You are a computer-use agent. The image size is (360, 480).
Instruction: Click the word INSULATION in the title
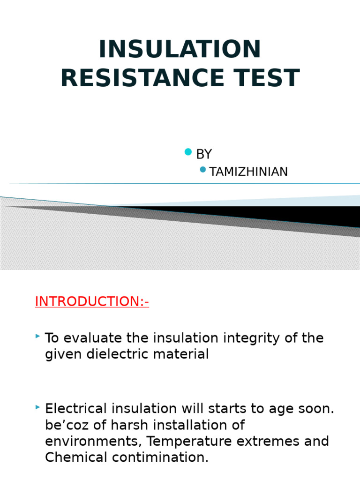pyautogui.click(x=180, y=50)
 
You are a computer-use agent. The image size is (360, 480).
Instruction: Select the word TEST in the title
pyautogui.click(x=266, y=78)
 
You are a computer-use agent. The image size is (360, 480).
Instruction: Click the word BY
pyautogui.click(x=204, y=154)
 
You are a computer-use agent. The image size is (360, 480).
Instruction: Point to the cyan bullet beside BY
pyautogui.click(x=188, y=151)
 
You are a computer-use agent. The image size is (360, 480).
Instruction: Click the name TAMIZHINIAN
pyautogui.click(x=248, y=172)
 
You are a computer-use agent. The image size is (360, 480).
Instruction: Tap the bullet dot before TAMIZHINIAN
pyautogui.click(x=202, y=169)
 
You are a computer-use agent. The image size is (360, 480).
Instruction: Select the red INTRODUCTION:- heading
pyautogui.click(x=92, y=301)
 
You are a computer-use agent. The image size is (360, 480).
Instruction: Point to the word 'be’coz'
pyautogui.click(x=65, y=425)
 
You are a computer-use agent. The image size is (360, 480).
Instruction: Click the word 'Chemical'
pyautogui.click(x=73, y=457)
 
